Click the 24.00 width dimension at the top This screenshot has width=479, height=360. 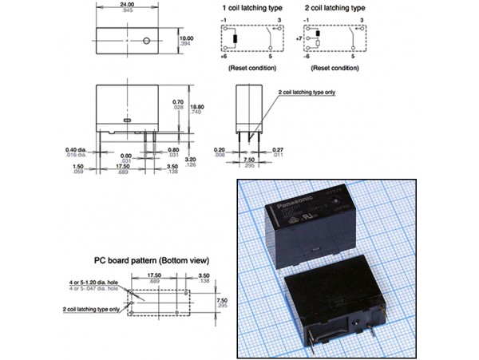(125, 5)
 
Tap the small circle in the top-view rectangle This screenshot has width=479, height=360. (147, 41)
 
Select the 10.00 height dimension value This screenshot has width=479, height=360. (185, 38)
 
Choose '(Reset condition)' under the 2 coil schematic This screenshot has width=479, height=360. (333, 68)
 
